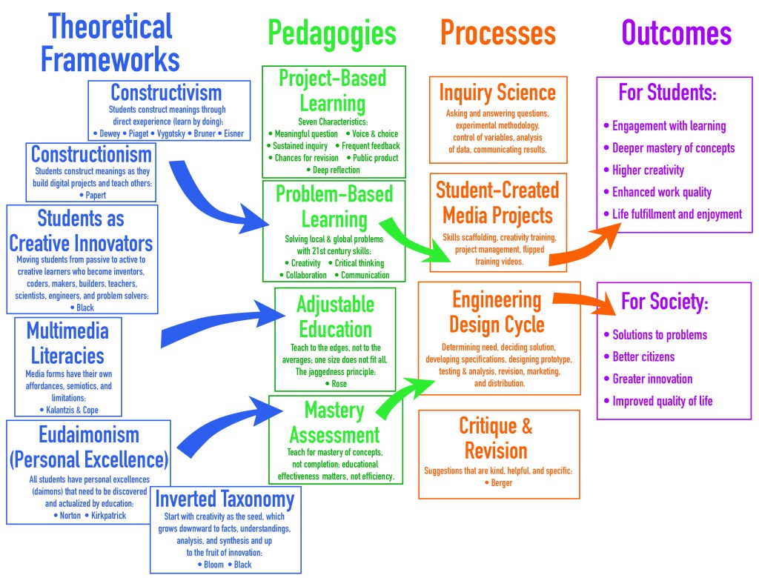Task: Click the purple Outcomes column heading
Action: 676,33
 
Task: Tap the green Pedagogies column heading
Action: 332,33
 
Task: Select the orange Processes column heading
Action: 497,33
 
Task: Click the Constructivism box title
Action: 166,93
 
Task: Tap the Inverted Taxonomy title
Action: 225,499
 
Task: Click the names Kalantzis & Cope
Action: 68,409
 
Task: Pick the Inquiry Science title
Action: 497,93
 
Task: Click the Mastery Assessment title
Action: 335,422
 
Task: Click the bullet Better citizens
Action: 643,356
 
